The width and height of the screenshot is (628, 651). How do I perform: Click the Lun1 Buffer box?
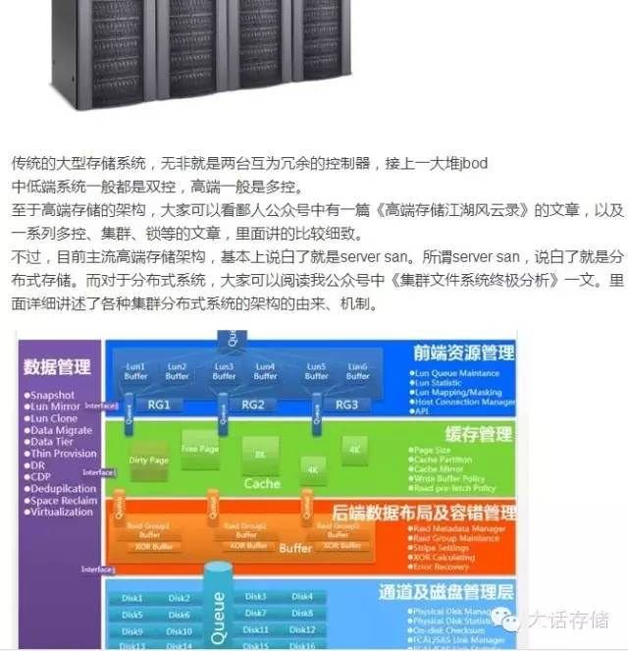[135, 371]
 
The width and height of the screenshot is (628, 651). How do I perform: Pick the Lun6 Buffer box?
[358, 371]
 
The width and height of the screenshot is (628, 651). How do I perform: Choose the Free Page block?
[200, 450]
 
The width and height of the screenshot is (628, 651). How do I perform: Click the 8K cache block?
[260, 455]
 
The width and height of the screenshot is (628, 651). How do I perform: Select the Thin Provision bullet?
[64, 454]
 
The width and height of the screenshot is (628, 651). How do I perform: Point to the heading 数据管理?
[57, 368]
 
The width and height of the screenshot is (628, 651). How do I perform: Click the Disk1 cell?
[132, 598]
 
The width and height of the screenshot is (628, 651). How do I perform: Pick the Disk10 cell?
[179, 631]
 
